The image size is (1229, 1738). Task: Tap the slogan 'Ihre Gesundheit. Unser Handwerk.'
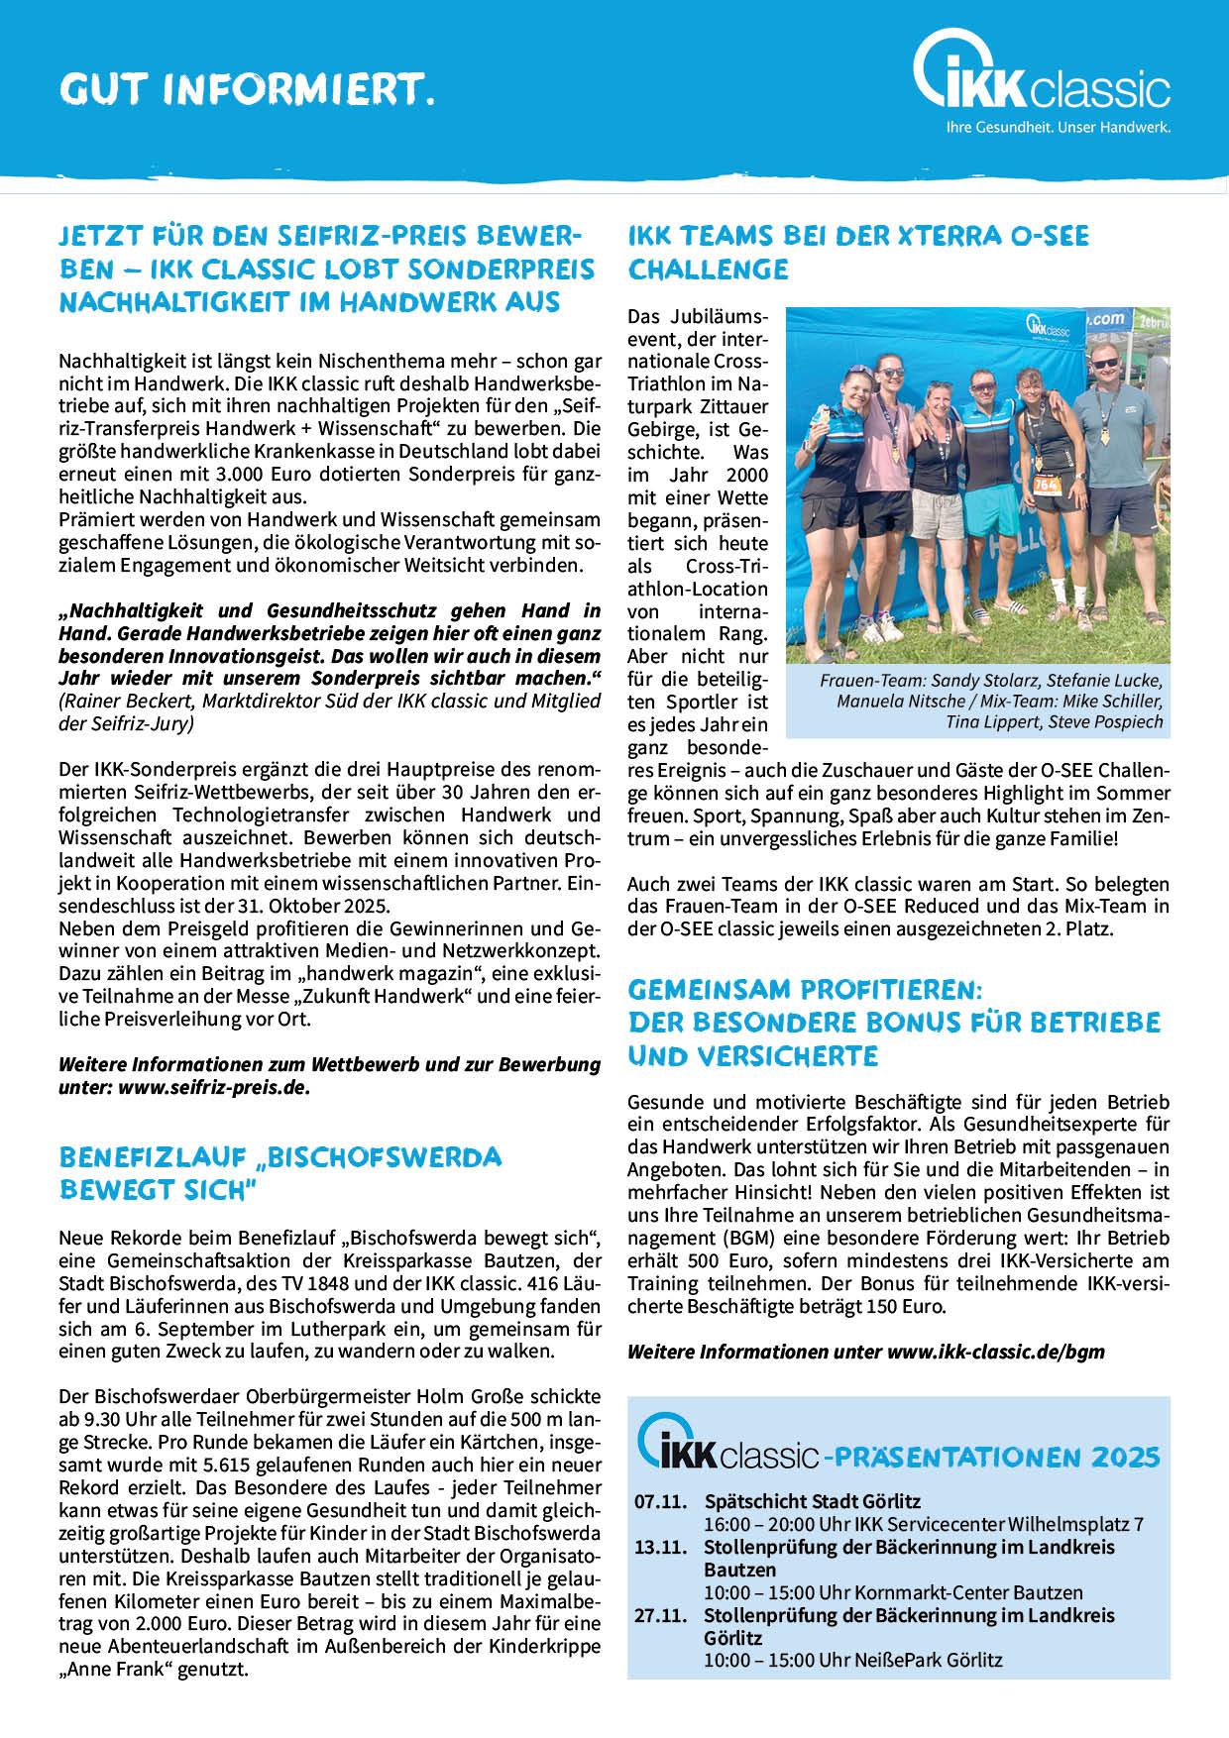click(x=1058, y=128)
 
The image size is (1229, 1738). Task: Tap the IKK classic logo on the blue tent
click(x=1049, y=325)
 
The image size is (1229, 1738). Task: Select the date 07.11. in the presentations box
click(x=660, y=1501)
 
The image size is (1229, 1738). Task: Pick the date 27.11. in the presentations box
click(x=660, y=1615)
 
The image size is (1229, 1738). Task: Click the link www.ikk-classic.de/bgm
click(x=995, y=1352)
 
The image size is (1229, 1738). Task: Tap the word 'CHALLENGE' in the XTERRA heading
click(x=708, y=270)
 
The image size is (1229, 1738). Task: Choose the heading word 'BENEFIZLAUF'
click(x=153, y=1157)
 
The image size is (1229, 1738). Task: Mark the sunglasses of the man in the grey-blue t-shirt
click(x=1104, y=363)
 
